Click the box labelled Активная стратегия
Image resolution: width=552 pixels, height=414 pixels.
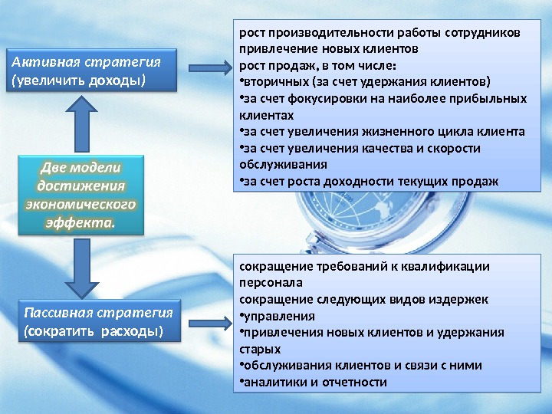coord(91,71)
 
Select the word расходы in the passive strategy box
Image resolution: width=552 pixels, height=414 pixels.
coord(133,331)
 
